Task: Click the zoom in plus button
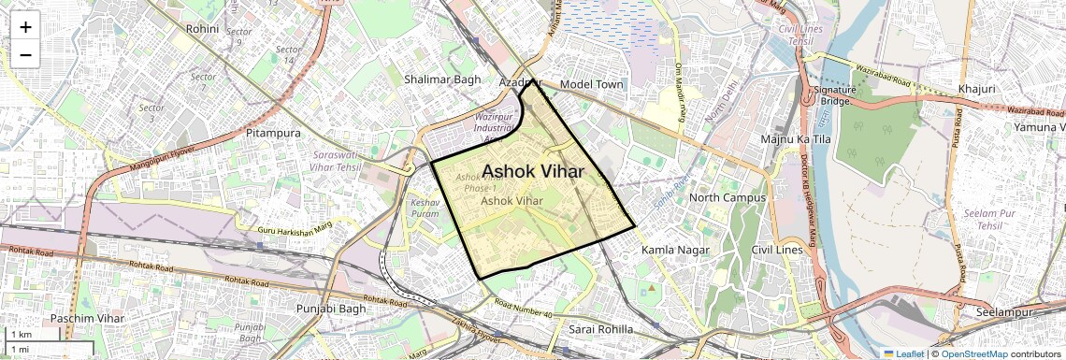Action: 25,26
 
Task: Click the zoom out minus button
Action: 25,55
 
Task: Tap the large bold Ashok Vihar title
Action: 533,171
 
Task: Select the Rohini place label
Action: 202,29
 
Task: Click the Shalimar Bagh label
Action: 442,79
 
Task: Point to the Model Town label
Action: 591,84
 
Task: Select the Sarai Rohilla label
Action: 600,329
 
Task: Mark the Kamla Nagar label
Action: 675,251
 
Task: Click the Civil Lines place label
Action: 777,251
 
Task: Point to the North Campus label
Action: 727,197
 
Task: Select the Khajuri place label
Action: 976,89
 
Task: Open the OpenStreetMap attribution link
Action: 973,354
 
